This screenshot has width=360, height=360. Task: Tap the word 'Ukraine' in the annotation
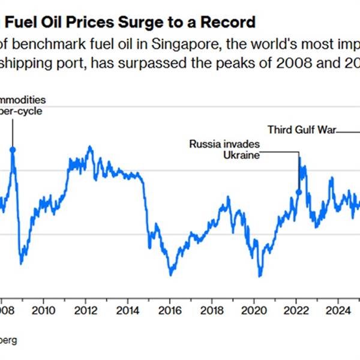[242, 155]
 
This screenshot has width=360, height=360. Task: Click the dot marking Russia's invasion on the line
[299, 192]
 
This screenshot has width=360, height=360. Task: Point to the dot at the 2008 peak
[13, 149]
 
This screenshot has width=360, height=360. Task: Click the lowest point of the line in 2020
[260, 276]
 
